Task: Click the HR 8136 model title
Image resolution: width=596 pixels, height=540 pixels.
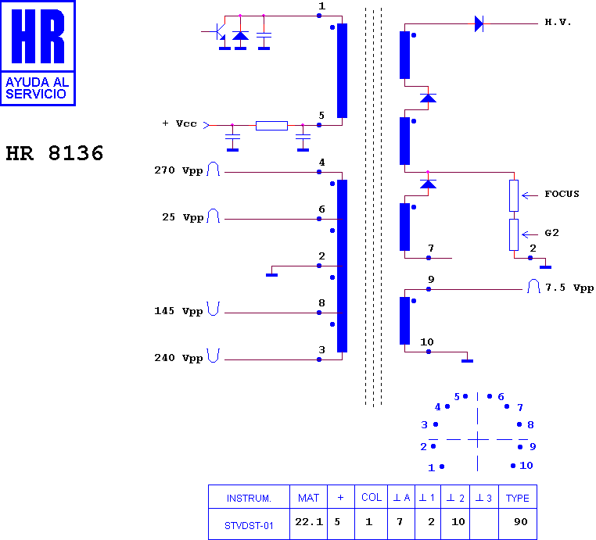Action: click(54, 153)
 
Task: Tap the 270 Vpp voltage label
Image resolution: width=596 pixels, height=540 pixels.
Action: click(178, 170)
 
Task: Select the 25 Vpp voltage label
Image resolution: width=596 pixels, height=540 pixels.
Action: click(183, 217)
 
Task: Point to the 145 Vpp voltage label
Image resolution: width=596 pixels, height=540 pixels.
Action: click(178, 311)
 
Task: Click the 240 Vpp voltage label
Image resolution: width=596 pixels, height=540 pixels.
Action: click(178, 358)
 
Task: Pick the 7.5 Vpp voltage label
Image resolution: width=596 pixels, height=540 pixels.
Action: click(569, 288)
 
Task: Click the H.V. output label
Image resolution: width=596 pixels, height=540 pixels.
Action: click(558, 22)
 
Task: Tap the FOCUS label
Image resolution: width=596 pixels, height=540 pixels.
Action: click(562, 194)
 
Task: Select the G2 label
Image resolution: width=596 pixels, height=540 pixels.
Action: click(552, 233)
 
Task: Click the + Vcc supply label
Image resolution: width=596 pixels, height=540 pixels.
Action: click(179, 123)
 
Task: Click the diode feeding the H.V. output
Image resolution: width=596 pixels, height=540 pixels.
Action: click(479, 24)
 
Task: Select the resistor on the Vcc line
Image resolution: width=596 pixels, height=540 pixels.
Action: click(271, 126)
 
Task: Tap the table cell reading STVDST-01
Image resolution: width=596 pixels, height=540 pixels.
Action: click(249, 526)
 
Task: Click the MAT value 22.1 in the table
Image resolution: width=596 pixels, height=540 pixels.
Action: click(309, 522)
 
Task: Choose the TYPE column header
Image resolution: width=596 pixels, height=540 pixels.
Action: click(517, 498)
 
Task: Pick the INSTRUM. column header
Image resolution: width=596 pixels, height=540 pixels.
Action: click(249, 499)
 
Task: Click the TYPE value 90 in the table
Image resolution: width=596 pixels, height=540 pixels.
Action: click(521, 522)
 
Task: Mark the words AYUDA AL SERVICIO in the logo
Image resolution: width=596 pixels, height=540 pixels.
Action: click(38, 88)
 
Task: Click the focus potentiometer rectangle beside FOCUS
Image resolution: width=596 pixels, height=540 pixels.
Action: click(514, 195)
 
